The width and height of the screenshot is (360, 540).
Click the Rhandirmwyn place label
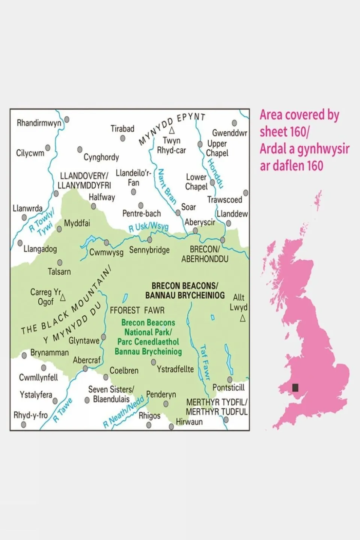(x=39, y=123)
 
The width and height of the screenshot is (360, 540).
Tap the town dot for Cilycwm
(x=48, y=148)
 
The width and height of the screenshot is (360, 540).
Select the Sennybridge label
(x=149, y=250)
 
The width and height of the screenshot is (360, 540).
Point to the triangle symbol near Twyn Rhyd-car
(x=172, y=131)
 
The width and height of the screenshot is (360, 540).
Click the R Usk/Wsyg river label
(x=148, y=227)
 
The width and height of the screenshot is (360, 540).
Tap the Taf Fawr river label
(x=205, y=362)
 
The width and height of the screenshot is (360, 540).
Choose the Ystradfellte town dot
(x=154, y=362)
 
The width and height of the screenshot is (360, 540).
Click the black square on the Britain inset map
(x=295, y=388)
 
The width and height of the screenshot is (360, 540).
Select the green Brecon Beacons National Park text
(x=148, y=337)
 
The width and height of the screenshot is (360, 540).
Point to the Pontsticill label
(x=228, y=388)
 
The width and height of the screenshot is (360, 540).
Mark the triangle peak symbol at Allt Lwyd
(x=243, y=319)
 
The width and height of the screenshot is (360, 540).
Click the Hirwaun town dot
(x=172, y=427)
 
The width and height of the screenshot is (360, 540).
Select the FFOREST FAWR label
(x=137, y=310)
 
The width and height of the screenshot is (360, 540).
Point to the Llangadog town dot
(x=20, y=243)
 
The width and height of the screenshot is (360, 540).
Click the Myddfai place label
(x=77, y=223)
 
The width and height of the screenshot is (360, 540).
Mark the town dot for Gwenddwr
(x=234, y=123)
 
